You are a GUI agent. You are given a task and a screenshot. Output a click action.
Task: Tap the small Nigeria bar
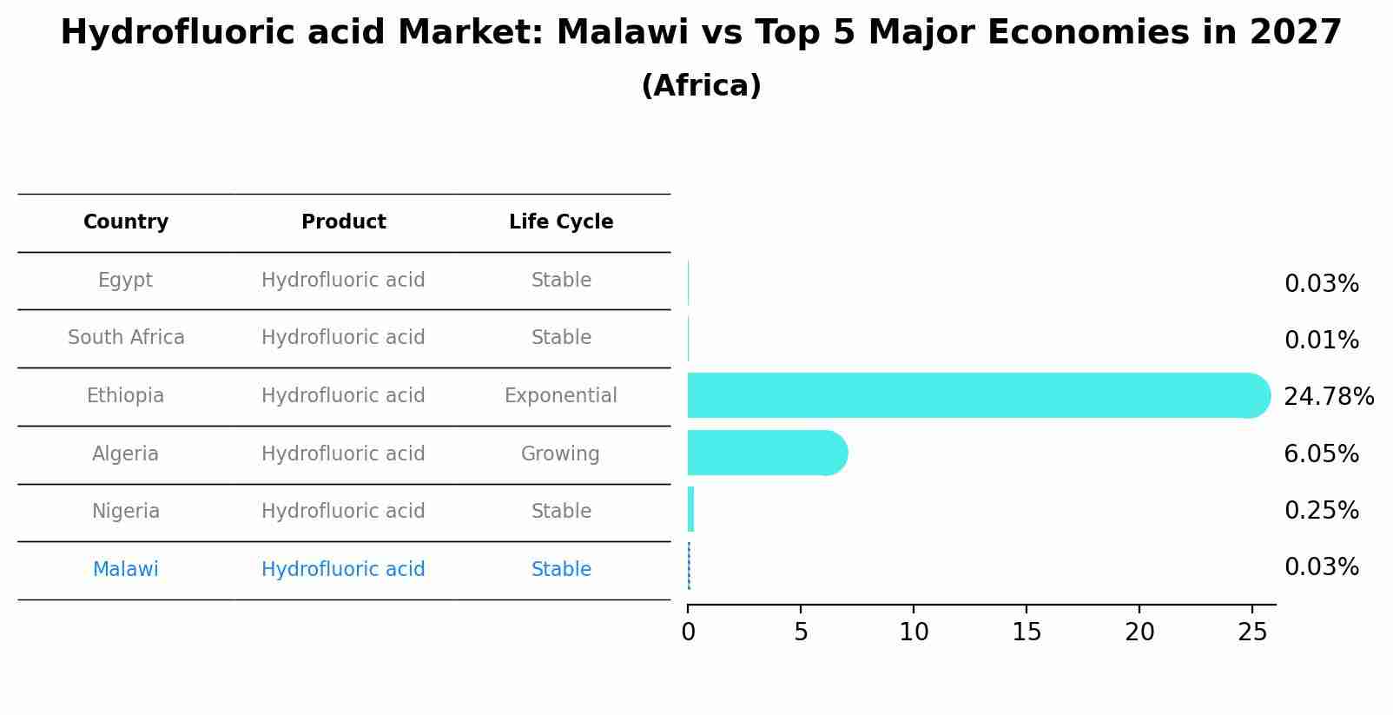pyautogui.click(x=690, y=510)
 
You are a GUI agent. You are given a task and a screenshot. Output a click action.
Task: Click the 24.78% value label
pyautogui.click(x=1328, y=397)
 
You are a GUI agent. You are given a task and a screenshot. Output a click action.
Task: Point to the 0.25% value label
pyautogui.click(x=1321, y=511)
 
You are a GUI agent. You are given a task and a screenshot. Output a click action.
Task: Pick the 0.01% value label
pyautogui.click(x=1321, y=341)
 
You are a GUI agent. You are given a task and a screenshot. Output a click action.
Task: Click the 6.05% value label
pyautogui.click(x=1321, y=454)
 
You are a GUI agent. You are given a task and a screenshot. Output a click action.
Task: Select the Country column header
pyautogui.click(x=126, y=222)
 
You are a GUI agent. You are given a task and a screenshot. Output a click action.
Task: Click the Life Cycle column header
pyautogui.click(x=561, y=222)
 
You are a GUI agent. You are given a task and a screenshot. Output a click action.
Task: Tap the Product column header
pyautogui.click(x=343, y=222)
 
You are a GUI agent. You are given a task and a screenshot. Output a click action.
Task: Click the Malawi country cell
pyautogui.click(x=126, y=569)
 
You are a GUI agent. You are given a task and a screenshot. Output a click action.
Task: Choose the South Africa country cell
pyautogui.click(x=126, y=337)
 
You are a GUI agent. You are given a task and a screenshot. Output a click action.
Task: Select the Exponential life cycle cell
pyautogui.click(x=561, y=395)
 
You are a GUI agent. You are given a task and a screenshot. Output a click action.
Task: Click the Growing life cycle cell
pyautogui.click(x=560, y=453)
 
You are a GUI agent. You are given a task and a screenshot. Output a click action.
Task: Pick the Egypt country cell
pyautogui.click(x=125, y=280)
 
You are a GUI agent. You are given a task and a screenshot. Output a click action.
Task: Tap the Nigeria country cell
pyautogui.click(x=126, y=511)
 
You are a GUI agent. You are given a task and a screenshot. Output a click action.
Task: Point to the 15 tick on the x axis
pyautogui.click(x=1027, y=632)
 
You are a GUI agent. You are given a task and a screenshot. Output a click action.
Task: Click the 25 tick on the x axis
pyautogui.click(x=1252, y=632)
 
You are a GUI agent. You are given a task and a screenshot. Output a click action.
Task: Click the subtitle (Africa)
pyautogui.click(x=701, y=86)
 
